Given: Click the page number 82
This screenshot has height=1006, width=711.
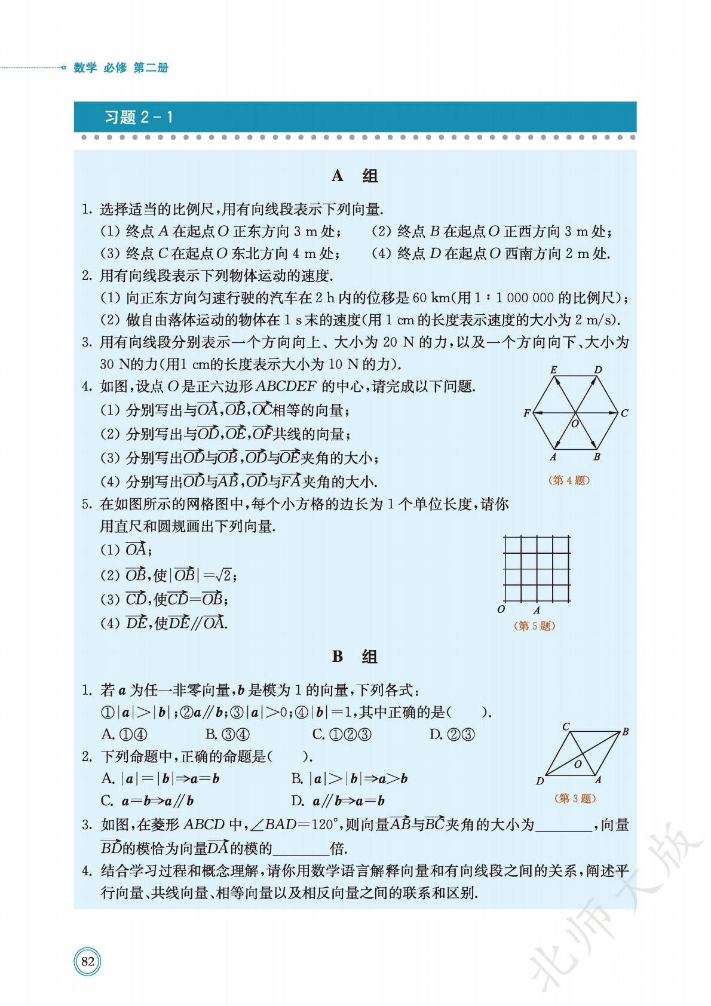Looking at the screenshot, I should [x=88, y=961].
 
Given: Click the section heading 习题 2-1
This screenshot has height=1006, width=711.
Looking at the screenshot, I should [x=139, y=117].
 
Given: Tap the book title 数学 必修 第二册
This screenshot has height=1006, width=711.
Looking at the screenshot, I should [x=121, y=68].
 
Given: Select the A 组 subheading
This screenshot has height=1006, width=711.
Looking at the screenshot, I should [x=355, y=176].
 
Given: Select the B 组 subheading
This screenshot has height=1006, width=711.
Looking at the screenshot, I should [x=355, y=657].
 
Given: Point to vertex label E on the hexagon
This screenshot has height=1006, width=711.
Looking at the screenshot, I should [x=554, y=370].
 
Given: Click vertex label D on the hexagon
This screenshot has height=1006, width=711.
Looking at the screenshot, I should [x=598, y=370].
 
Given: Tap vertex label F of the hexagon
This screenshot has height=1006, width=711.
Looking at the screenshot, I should [x=526, y=413].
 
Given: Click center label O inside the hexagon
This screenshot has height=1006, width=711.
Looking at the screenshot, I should [x=575, y=424].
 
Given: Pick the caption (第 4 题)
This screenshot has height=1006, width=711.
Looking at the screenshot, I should [x=569, y=480].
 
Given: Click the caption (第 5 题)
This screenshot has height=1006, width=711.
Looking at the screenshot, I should [x=535, y=625].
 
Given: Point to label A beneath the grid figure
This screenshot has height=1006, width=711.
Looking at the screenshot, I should [x=537, y=610].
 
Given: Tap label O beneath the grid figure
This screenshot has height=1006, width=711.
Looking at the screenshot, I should [x=501, y=609].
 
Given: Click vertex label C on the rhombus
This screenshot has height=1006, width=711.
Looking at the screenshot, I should [x=566, y=726].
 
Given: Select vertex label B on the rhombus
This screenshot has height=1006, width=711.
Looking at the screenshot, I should [x=625, y=731].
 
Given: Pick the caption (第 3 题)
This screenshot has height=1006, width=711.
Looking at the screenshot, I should [x=576, y=798].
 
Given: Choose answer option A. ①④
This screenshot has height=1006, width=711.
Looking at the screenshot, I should [x=124, y=734].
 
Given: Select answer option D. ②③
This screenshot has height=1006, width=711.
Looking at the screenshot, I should [x=452, y=734].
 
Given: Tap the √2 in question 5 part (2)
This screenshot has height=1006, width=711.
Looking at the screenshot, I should [x=224, y=575].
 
